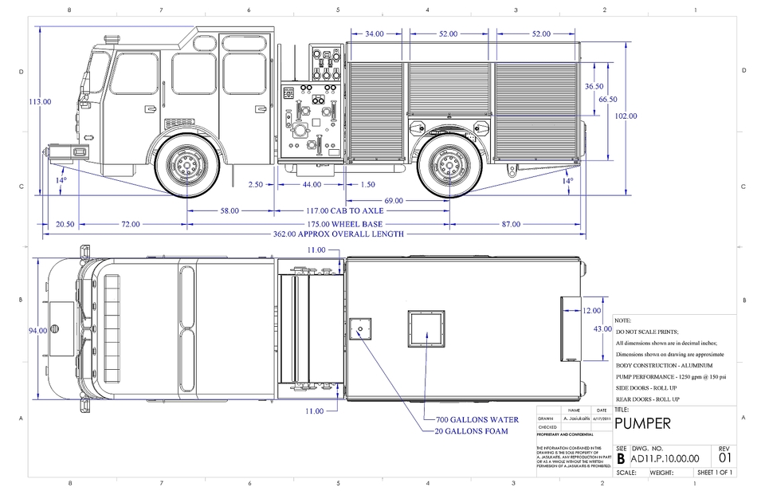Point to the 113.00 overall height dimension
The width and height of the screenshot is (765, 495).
40,102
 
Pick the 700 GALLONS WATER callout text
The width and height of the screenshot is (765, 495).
477,419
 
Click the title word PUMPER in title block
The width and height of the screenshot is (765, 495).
642,422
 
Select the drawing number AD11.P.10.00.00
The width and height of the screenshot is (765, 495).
665,458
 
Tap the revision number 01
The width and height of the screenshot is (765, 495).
724,458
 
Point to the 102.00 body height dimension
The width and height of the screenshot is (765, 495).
626,116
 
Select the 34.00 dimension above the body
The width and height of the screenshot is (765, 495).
375,34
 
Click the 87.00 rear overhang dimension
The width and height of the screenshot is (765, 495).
510,224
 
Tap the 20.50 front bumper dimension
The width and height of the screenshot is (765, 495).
65,224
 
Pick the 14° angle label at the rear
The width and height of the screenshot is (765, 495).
567,181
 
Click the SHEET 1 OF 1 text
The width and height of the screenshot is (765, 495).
715,473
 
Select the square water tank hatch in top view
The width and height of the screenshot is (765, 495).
426,328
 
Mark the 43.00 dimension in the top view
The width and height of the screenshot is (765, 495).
602,329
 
